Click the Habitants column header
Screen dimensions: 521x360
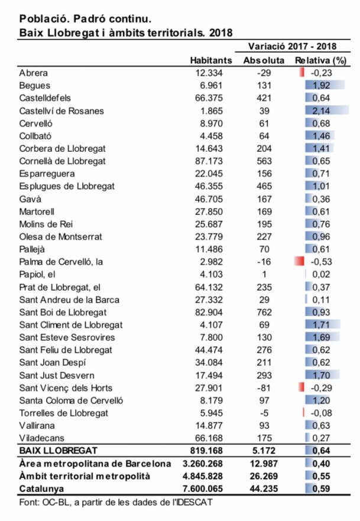click(211, 60)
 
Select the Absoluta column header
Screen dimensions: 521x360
click(264, 60)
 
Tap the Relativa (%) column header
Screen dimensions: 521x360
click(320, 60)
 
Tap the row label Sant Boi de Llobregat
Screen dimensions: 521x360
click(63, 312)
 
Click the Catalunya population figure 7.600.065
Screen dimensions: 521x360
click(205, 489)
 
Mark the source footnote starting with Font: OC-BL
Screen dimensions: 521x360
click(116, 502)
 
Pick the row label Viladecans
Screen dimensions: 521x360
click(41, 437)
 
